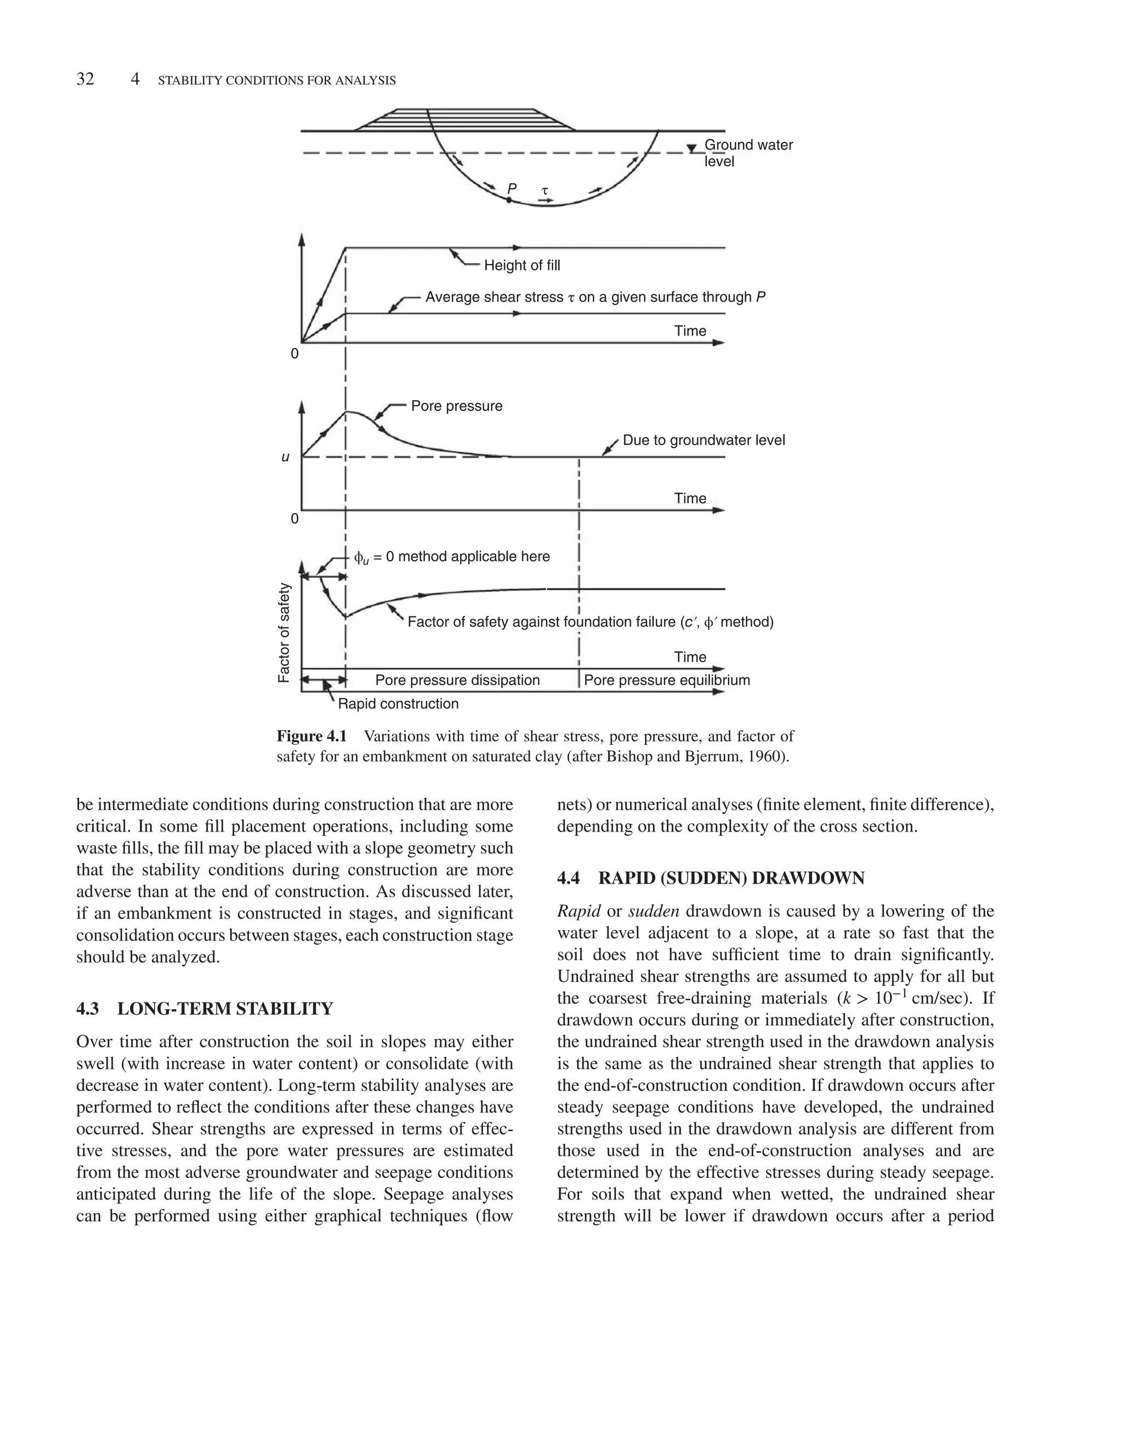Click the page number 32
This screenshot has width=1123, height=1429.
click(86, 79)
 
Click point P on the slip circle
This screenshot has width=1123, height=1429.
click(509, 199)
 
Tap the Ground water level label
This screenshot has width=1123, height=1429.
click(748, 153)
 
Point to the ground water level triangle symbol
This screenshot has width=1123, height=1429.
click(691, 149)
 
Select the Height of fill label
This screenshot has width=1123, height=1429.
click(522, 265)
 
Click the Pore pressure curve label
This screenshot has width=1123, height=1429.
click(456, 406)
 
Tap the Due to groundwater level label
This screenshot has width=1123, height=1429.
click(704, 440)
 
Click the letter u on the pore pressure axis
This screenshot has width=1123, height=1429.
click(285, 457)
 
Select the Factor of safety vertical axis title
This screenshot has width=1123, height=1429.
click(283, 633)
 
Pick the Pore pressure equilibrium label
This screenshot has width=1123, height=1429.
click(667, 680)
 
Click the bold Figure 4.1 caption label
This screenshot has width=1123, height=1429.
click(311, 736)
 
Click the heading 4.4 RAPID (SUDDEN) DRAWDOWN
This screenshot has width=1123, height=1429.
click(710, 878)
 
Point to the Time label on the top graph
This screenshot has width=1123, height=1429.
click(690, 331)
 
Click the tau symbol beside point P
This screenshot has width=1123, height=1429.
click(545, 191)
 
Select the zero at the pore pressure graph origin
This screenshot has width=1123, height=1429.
click(294, 519)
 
